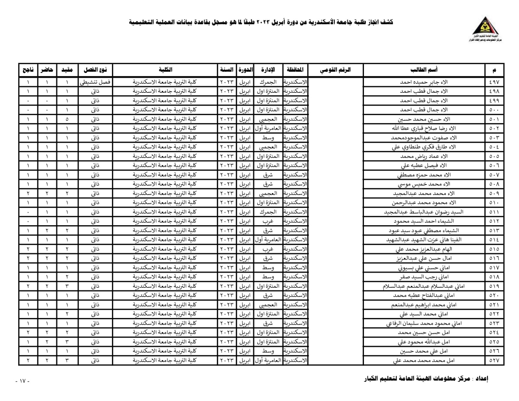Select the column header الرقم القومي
335,70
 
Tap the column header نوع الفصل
95,70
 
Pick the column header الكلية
165,70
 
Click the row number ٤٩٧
494,82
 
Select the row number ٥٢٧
494,360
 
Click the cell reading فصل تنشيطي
95,82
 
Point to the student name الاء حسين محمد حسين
424,119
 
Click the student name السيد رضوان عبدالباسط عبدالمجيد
424,212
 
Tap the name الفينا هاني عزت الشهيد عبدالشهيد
424,240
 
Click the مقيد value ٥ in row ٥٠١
67,119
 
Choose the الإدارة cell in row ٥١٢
268,221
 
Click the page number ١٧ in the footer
22,381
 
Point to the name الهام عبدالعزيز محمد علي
424,249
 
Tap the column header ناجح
28,70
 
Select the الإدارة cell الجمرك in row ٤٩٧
268,82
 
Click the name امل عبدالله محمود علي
424,342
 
